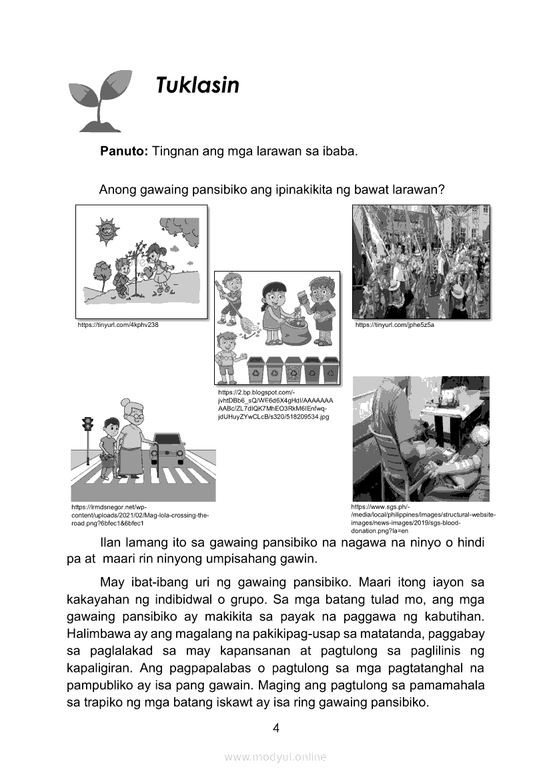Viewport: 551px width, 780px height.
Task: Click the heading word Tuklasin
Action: tap(197, 85)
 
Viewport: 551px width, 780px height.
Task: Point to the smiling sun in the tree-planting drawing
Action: tap(106, 232)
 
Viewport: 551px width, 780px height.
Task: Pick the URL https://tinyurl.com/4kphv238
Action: tap(118, 325)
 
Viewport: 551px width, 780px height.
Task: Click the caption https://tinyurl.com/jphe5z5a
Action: tap(394, 325)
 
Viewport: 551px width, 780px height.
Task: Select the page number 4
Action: tap(275, 728)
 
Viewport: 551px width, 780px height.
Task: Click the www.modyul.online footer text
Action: tap(275, 757)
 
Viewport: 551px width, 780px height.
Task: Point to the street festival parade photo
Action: tap(421, 262)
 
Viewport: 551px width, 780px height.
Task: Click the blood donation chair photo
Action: tap(420, 438)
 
